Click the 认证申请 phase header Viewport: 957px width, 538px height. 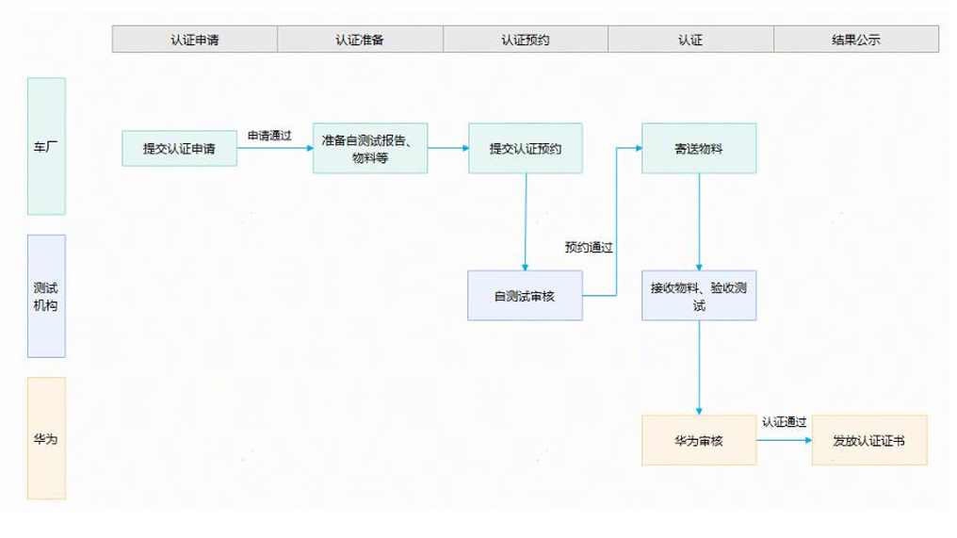(195, 40)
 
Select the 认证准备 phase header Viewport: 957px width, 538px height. (360, 40)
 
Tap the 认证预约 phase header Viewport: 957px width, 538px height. (526, 40)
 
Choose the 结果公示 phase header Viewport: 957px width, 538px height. (855, 40)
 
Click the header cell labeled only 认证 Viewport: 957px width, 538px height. (690, 40)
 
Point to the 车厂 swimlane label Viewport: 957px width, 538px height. (46, 146)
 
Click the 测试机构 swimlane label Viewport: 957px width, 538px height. (46, 296)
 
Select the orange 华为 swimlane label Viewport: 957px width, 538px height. (46, 438)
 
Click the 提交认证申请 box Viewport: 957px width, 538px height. (179, 149)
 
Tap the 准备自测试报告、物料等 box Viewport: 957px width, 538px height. (370, 149)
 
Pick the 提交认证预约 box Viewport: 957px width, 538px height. (526, 149)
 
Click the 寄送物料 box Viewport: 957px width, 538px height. (699, 149)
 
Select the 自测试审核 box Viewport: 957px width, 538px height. (525, 296)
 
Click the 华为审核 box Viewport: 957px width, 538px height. (699, 440)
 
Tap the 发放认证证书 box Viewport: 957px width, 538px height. (868, 440)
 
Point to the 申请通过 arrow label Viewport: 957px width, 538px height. (269, 136)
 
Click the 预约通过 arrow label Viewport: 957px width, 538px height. (589, 248)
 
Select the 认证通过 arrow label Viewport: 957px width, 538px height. (784, 422)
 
